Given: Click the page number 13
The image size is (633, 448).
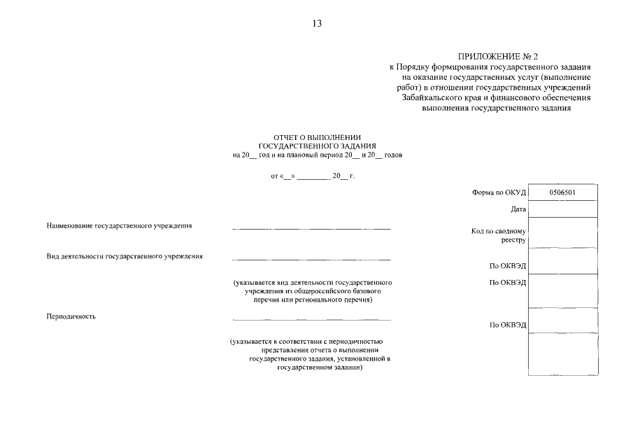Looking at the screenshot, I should pos(317,24).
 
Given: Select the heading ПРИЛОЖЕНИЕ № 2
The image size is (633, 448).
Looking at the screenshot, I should pos(499,56).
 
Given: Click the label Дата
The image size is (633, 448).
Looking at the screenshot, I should pos(518,209).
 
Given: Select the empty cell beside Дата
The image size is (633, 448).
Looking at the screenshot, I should pos(563,209).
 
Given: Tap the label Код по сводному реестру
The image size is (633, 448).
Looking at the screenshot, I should pos(499,235).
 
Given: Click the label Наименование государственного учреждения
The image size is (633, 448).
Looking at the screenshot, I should pos(119,226).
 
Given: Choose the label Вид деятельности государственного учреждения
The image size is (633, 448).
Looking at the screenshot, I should pos(125,256).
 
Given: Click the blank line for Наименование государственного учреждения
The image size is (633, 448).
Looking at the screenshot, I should pos(311,229).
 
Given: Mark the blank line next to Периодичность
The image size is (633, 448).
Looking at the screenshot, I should pos(311,319).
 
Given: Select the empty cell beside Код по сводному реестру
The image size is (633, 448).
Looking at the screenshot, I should pos(563,232).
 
